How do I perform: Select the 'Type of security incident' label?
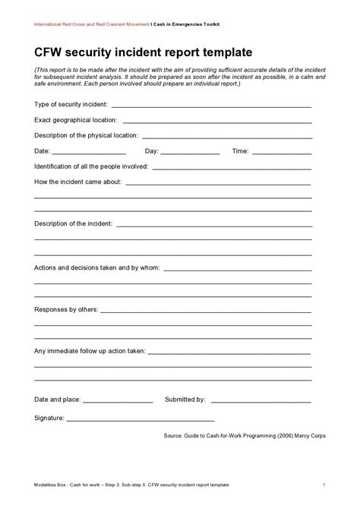click(71, 103)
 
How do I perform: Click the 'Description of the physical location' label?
click(86, 135)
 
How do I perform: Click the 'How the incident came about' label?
click(78, 182)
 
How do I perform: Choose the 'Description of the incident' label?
click(74, 224)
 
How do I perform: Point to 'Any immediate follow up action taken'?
click(90, 352)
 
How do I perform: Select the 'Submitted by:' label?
click(185, 399)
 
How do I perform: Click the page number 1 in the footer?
click(324, 484)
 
